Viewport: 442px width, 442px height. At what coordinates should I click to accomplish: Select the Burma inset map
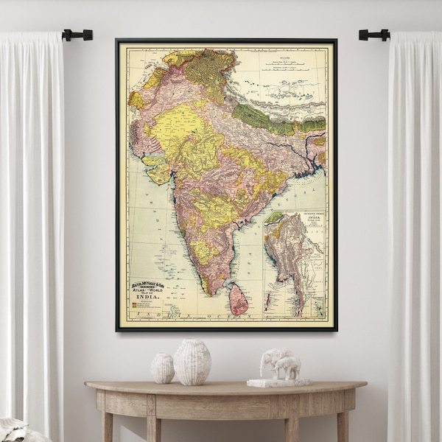[294, 262]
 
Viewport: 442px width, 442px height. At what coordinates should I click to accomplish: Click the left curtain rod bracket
[78, 35]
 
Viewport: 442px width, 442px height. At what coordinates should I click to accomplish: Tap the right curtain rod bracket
[373, 35]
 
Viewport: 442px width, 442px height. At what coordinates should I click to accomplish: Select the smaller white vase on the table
[163, 368]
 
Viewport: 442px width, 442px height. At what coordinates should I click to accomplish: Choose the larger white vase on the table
[192, 362]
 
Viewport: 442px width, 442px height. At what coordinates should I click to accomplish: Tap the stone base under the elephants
[278, 382]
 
